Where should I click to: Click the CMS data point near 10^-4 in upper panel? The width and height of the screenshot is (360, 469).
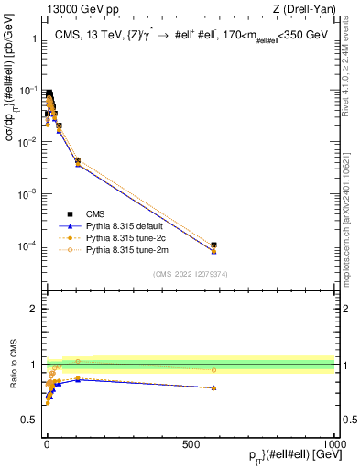tap(213, 245)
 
